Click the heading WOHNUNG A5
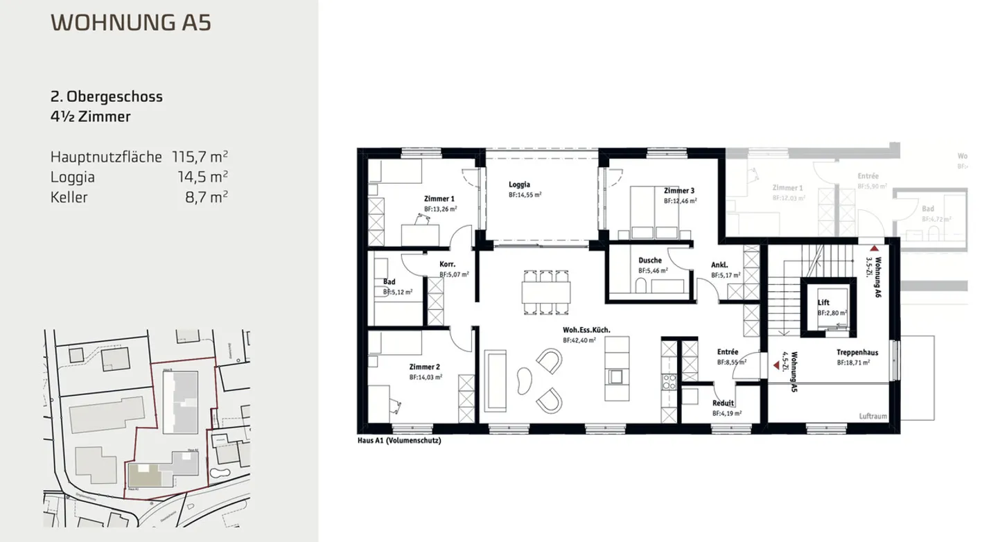click(x=131, y=22)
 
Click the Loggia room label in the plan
click(x=519, y=185)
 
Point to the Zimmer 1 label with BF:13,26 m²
click(x=439, y=200)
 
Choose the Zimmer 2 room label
click(x=424, y=367)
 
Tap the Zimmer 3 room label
click(x=679, y=191)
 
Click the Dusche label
click(x=650, y=261)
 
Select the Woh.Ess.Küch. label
click(x=586, y=331)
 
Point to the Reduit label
click(x=724, y=403)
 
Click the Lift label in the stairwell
click(x=823, y=303)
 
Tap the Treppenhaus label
click(x=857, y=353)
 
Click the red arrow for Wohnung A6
click(x=875, y=247)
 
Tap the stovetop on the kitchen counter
click(x=669, y=381)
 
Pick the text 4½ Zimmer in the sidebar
click(x=91, y=117)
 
